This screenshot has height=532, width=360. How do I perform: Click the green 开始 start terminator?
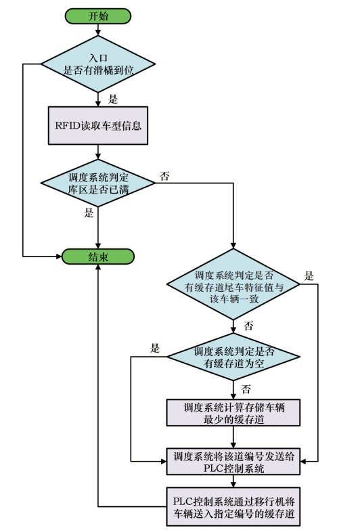(97, 16)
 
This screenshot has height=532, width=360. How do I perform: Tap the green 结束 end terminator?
(97, 257)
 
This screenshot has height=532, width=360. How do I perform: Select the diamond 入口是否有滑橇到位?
(98, 64)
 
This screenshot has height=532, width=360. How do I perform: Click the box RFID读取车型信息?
(98, 125)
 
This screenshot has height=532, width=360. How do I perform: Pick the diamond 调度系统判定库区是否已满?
(98, 183)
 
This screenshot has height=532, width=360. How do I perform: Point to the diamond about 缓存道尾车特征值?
(233, 284)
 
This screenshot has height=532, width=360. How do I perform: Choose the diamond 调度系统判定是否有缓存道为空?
(233, 357)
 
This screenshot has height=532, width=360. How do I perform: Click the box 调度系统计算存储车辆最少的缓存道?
(233, 413)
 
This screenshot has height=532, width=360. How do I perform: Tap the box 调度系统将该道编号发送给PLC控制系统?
(233, 462)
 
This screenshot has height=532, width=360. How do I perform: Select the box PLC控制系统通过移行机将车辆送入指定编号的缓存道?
(233, 506)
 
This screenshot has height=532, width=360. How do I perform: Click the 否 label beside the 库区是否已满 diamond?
(164, 176)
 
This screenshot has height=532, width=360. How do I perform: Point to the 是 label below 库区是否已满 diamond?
(89, 213)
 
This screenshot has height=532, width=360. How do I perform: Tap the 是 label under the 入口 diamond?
(112, 99)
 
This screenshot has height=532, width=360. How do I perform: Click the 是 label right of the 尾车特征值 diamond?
(309, 276)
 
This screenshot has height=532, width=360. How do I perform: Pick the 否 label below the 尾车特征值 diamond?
(248, 326)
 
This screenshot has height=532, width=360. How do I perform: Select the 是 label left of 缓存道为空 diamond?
(155, 348)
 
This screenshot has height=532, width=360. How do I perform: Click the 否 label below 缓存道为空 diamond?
(246, 389)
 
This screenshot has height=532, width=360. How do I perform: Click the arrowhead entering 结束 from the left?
(59, 257)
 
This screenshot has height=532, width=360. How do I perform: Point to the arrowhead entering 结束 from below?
(98, 267)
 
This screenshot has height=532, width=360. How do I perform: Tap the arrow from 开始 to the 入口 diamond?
(98, 30)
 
